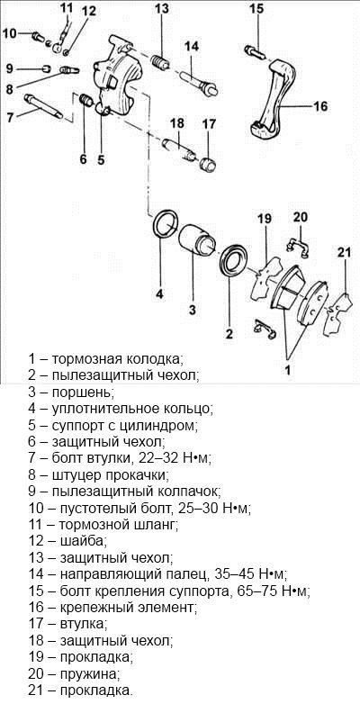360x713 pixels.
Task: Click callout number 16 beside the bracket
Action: point(320,106)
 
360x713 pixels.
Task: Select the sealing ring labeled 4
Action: point(165,223)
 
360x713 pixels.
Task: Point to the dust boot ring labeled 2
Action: point(234,261)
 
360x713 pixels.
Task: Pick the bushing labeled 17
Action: point(208,164)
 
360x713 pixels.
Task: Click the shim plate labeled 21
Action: point(338,314)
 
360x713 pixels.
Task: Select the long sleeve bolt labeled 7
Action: point(44,106)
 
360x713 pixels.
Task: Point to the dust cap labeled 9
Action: point(45,69)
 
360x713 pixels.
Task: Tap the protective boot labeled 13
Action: point(160,63)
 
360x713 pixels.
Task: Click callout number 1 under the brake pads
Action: point(287,370)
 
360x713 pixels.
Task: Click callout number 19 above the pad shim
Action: point(264,219)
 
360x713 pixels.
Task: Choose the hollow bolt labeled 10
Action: point(38,35)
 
